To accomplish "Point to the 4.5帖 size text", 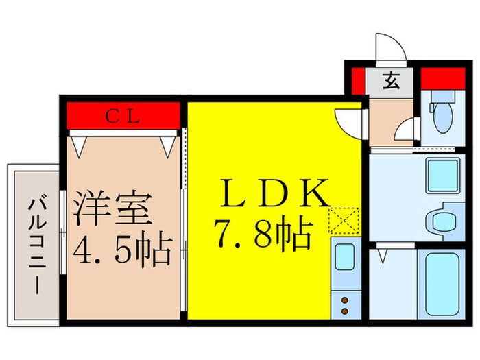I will (122, 253).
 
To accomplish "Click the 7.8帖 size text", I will (263, 235).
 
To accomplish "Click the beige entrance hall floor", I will (389, 120).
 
